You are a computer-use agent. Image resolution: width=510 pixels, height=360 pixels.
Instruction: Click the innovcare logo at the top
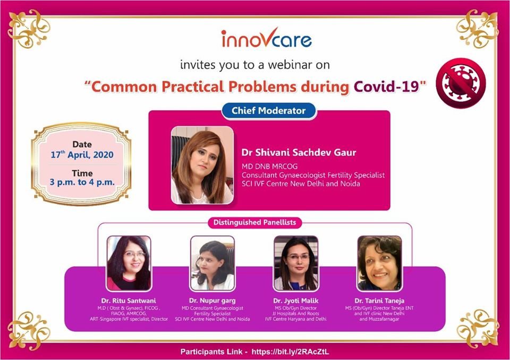pos(266,39)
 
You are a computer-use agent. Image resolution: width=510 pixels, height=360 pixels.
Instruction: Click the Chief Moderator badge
pos(269,111)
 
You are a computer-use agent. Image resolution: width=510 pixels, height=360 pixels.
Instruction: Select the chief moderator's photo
pos(202,165)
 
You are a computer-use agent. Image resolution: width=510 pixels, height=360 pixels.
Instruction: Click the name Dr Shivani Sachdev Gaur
pos(299,152)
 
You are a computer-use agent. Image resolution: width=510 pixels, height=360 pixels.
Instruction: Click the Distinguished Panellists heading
pos(254,222)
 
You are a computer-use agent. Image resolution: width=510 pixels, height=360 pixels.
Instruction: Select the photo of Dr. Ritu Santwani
pos(129,263)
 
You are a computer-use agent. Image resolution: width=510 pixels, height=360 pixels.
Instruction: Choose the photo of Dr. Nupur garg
pos(212,263)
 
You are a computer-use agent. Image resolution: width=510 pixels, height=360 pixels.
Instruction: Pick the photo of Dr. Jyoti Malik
pos(296,263)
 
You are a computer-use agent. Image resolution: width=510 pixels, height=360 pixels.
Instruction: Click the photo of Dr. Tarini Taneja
pos(379,263)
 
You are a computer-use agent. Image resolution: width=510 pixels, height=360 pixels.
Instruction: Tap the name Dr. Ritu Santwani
pos(129,301)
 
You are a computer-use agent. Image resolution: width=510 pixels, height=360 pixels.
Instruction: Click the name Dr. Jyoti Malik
pos(296,301)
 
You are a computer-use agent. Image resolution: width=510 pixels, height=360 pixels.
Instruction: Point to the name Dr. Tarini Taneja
pos(379,301)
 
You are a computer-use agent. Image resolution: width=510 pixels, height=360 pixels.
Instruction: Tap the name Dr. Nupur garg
pos(212,301)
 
